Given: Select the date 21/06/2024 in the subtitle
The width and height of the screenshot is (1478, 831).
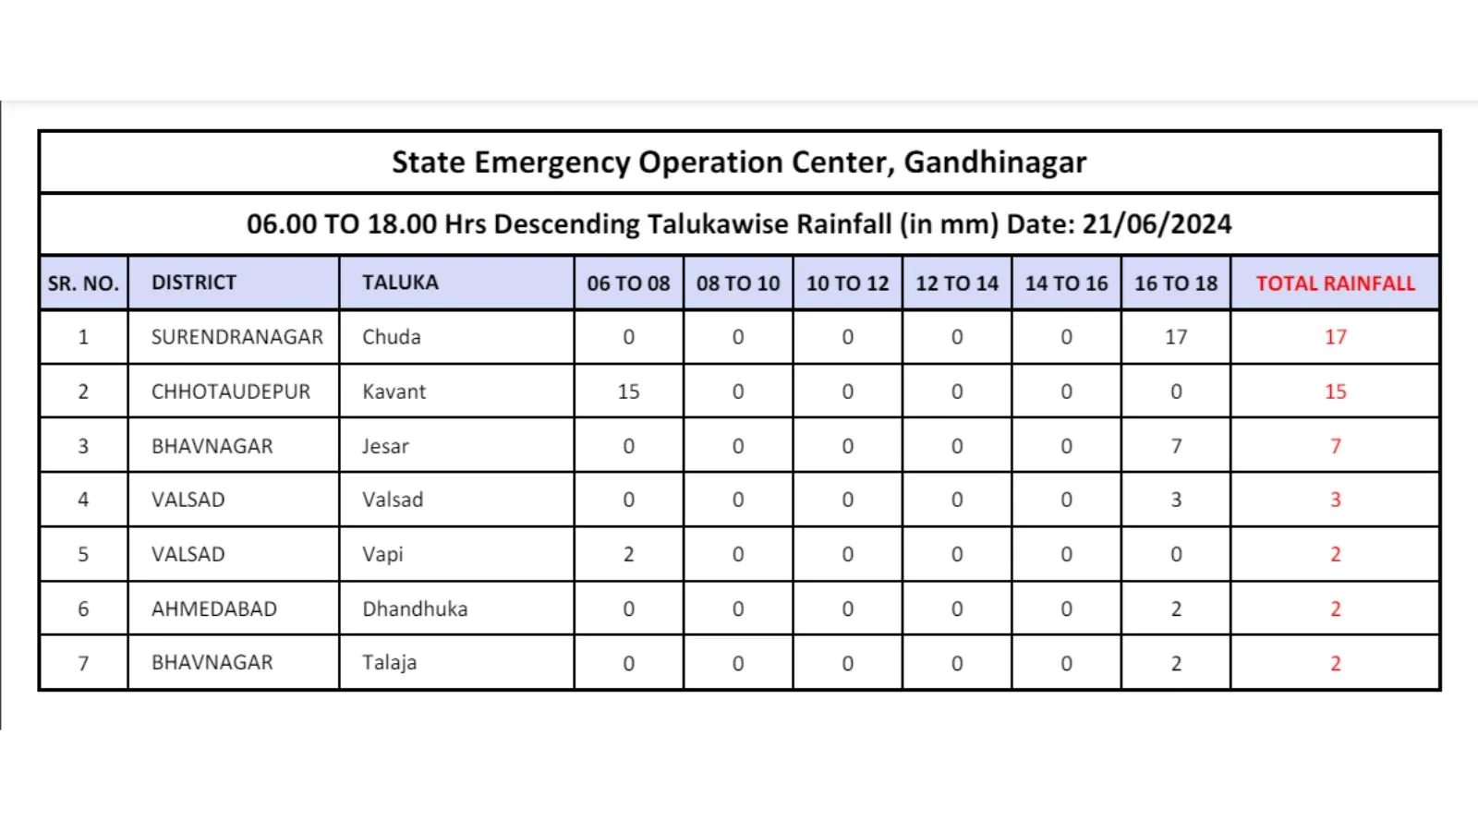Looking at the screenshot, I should [x=1157, y=224].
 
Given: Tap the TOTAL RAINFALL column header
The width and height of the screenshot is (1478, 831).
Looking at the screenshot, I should [x=1335, y=283].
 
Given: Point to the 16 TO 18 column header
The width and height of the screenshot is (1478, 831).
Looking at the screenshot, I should [x=1176, y=283].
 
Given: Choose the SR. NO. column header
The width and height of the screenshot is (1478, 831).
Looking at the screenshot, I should [x=83, y=283].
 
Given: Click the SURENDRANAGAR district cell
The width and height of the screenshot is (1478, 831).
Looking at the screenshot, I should [x=237, y=337].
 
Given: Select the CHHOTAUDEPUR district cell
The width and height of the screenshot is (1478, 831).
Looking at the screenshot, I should [x=231, y=391].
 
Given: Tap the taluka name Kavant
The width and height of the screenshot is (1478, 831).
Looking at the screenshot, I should [x=394, y=391].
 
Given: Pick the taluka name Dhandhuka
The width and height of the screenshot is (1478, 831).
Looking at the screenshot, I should [x=415, y=608].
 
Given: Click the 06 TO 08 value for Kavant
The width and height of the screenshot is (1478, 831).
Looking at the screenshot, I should [x=628, y=391].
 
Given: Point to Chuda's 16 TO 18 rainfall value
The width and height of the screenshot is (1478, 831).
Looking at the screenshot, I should [x=1176, y=337].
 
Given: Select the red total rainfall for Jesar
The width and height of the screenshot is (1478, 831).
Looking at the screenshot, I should [x=1335, y=446].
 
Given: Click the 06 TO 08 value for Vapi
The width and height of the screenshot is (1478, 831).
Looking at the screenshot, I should [x=628, y=554].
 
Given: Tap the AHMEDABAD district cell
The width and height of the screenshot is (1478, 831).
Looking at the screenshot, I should [x=214, y=608].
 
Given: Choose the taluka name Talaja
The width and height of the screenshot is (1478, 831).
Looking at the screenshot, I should [x=389, y=663].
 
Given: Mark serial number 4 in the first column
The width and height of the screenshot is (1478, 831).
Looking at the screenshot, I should [x=83, y=500].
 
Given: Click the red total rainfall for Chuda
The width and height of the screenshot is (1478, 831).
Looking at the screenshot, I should [x=1335, y=337].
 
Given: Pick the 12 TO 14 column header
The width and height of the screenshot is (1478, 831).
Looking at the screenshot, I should [x=957, y=283].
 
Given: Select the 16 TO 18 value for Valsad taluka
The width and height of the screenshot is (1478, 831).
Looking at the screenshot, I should [x=1176, y=500].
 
